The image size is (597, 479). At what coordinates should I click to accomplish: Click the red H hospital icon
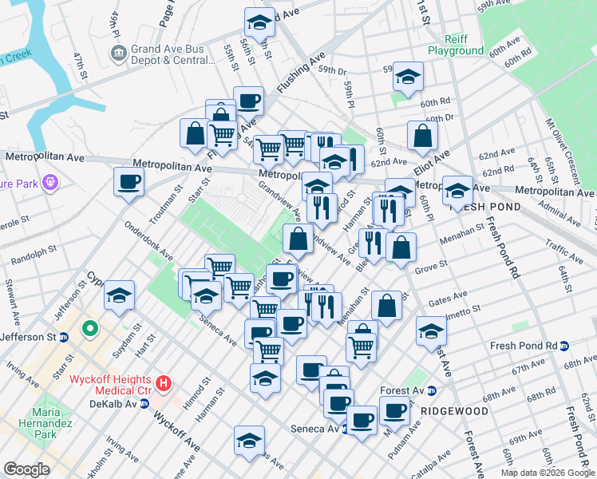[x=164, y=384]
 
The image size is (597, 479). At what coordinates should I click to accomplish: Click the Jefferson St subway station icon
[x=63, y=337]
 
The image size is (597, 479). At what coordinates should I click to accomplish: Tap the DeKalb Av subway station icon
[x=144, y=404]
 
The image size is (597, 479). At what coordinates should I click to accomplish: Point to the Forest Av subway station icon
[x=432, y=391]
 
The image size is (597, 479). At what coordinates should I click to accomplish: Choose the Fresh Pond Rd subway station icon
[x=564, y=346]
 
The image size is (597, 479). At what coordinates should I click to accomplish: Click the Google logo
[x=26, y=469]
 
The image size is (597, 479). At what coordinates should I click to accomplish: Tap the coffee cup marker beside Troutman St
[x=128, y=182]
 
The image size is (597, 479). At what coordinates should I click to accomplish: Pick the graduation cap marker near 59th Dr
[x=408, y=77]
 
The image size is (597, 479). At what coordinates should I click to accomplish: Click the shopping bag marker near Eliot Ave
[x=422, y=136]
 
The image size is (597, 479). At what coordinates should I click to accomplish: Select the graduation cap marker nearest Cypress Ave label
[x=119, y=295]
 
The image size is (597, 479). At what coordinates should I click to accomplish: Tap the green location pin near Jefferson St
[x=91, y=327]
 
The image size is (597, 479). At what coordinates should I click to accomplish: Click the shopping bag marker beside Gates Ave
[x=386, y=307]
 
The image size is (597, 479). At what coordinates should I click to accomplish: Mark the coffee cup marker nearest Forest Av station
[x=394, y=410]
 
